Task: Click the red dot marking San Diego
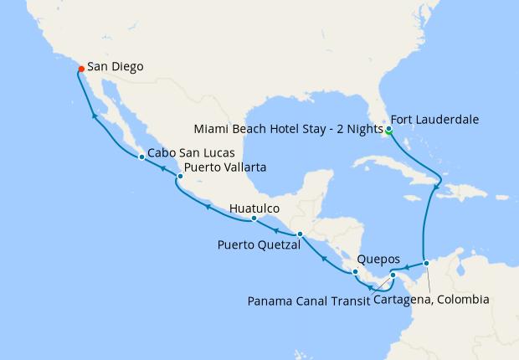[80, 69]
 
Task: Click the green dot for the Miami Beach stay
[388, 131]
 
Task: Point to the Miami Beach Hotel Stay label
[287, 130]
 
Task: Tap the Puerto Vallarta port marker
[180, 177]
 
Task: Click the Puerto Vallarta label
[225, 167]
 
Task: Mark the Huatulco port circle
[254, 219]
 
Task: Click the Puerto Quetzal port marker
[300, 234]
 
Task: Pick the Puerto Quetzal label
[255, 245]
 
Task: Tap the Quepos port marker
[356, 271]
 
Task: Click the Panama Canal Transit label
[308, 300]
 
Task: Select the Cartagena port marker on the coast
[426, 263]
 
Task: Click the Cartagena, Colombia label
[431, 300]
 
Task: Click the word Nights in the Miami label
[362, 130]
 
